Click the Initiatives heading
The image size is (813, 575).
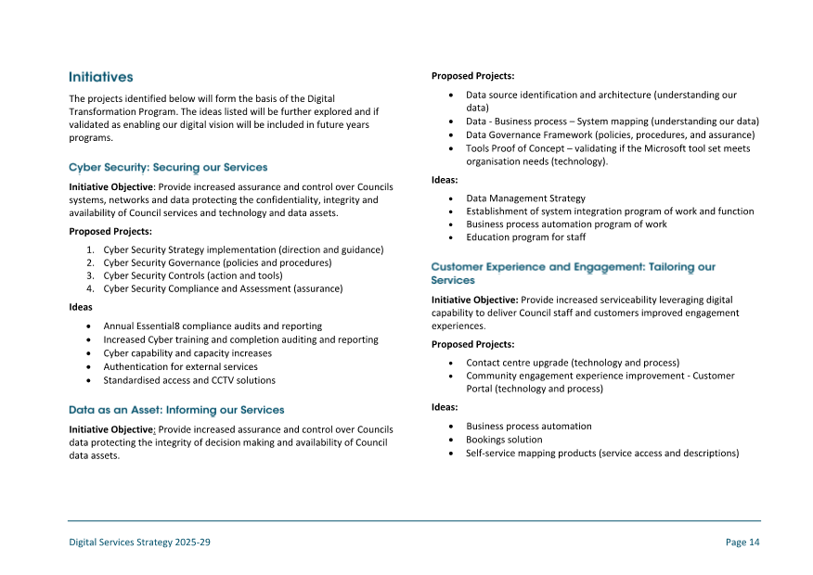click(101, 77)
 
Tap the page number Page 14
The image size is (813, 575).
click(742, 543)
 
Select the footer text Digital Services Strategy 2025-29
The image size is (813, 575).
click(140, 543)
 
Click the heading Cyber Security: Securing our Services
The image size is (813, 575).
click(168, 168)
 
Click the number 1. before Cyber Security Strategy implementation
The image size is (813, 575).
click(91, 249)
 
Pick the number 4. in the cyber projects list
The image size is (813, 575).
click(91, 288)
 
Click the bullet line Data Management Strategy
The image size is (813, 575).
click(525, 198)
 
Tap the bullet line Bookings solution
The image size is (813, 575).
click(504, 440)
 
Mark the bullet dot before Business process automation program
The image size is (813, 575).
click(451, 224)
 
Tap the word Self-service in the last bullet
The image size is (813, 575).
click(491, 454)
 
